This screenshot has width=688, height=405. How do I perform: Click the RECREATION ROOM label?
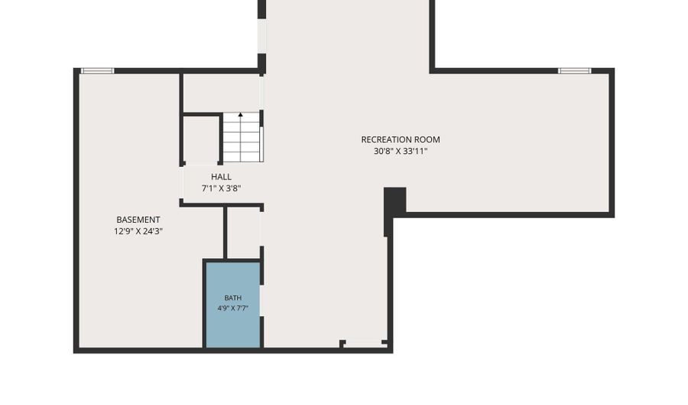point(400,139)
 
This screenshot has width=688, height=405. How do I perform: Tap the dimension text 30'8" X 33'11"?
point(400,152)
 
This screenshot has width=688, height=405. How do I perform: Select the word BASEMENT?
point(138,220)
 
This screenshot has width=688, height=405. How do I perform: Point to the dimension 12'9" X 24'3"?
point(138,231)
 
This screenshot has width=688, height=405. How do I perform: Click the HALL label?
point(221,177)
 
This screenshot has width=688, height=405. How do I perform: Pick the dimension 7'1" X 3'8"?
point(221,188)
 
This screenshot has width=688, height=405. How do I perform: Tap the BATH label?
point(232,298)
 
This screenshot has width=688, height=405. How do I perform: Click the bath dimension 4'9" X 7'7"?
point(232,309)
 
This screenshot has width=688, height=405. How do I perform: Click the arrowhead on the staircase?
point(241,115)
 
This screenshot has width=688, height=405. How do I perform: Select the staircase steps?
point(242,137)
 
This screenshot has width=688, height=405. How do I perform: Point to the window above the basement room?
point(97,70)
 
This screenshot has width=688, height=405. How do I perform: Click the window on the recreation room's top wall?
point(574,70)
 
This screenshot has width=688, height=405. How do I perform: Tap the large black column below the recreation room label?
point(394,201)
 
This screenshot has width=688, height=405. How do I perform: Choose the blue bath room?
point(233,305)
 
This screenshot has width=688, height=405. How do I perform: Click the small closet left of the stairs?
point(201,139)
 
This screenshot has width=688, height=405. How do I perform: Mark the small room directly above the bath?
point(244,232)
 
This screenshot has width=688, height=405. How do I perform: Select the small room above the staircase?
point(222,93)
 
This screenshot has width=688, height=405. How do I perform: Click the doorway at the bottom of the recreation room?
point(363,344)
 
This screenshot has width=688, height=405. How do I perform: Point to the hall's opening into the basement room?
point(181,183)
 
